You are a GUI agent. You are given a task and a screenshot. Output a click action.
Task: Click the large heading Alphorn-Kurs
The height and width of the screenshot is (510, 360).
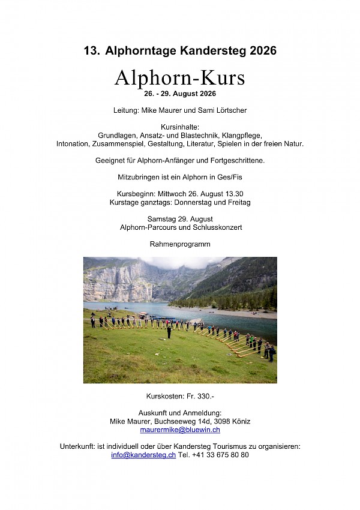click(180, 79)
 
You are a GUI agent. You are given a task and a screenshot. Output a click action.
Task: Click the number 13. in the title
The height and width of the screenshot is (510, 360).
click(92, 52)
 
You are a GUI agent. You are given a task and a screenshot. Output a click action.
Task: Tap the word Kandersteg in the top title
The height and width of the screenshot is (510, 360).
click(209, 52)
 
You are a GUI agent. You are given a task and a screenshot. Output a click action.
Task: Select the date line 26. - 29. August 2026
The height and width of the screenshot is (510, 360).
click(180, 94)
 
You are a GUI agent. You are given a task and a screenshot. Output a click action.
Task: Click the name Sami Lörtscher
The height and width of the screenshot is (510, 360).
click(223, 110)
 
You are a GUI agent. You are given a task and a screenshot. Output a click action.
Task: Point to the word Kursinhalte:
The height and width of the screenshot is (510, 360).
click(180, 127)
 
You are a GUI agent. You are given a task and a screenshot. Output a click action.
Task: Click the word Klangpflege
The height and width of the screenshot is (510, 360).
click(238, 136)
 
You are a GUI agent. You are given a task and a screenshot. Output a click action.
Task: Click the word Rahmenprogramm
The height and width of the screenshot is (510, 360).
click(180, 245)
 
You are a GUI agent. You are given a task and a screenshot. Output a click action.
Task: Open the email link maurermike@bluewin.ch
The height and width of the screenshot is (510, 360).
click(180, 430)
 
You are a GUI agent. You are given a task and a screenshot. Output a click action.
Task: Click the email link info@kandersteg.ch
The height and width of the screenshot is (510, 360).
click(143, 455)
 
